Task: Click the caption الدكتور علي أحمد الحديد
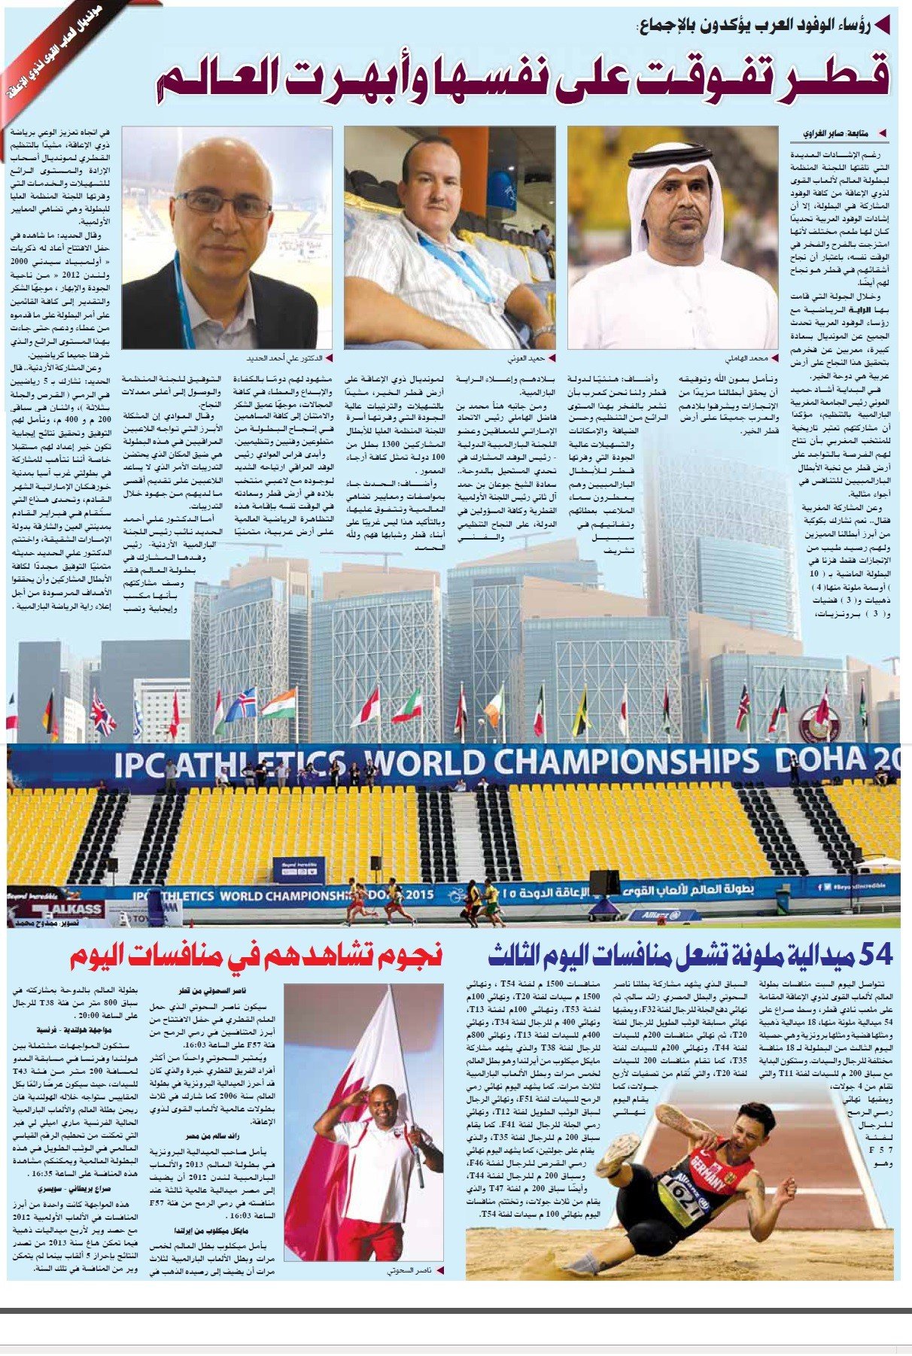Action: pos(281,359)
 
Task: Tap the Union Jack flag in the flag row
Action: pos(102,714)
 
